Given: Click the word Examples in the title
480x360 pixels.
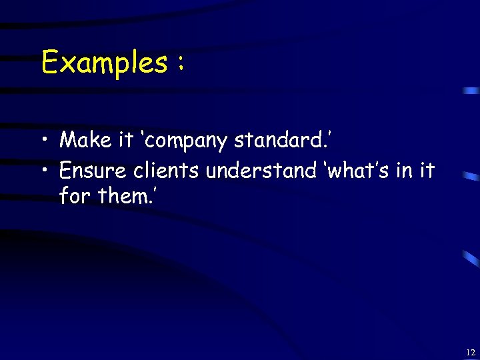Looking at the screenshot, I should click(x=104, y=63).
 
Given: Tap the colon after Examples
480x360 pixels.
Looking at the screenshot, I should click(x=180, y=65).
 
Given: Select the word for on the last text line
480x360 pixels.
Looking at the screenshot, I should click(x=73, y=197).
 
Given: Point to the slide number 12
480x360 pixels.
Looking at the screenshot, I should click(x=471, y=352).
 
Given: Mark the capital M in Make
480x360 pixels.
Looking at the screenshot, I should click(x=67, y=140).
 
